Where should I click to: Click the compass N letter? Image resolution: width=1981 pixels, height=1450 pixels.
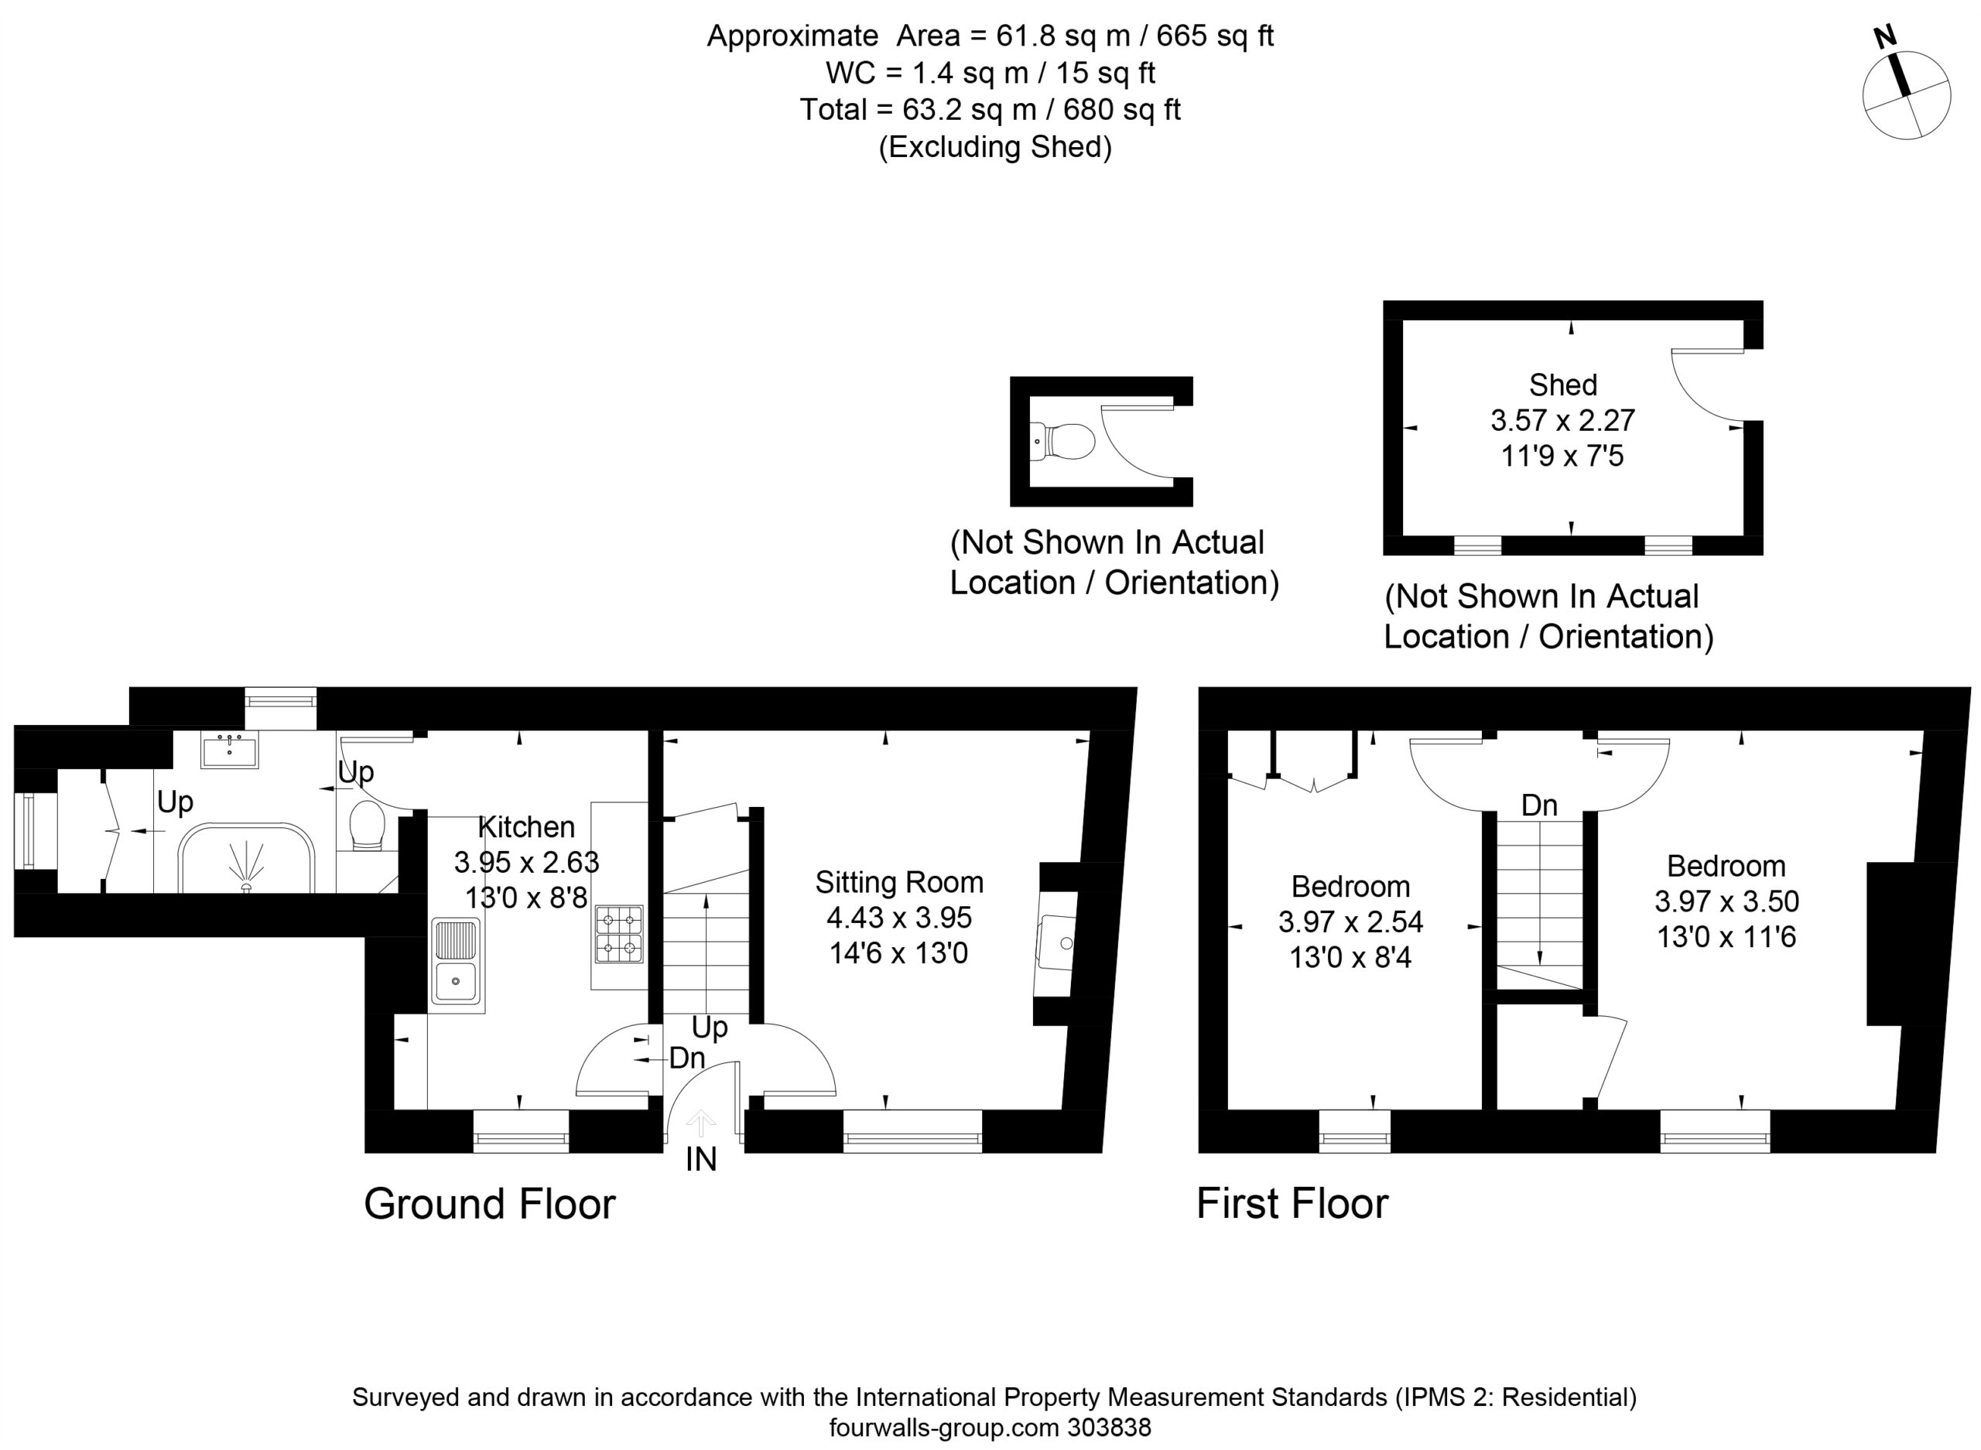(x=1884, y=37)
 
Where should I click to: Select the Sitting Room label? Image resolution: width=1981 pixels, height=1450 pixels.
(x=898, y=882)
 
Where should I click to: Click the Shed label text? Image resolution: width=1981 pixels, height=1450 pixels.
(x=1562, y=385)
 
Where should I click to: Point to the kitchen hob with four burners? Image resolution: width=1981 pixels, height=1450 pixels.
(x=619, y=934)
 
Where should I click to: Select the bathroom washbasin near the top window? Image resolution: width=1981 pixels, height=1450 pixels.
(x=229, y=751)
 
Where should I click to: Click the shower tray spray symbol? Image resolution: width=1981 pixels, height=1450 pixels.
(x=246, y=867)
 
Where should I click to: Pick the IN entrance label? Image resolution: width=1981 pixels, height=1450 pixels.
(x=700, y=1160)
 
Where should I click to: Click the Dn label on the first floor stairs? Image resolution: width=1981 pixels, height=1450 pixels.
(x=1538, y=805)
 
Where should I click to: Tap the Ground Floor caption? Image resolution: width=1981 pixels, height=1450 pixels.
(x=490, y=1203)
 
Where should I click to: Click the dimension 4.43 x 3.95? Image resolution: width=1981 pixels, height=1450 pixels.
(x=898, y=917)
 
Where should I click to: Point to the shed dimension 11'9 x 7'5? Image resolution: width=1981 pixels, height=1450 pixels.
(x=1562, y=456)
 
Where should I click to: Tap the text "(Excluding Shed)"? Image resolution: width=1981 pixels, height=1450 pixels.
(x=995, y=146)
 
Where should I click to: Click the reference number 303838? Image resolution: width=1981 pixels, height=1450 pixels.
(x=1109, y=1428)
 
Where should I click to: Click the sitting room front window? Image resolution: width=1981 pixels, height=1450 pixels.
(x=913, y=1131)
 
